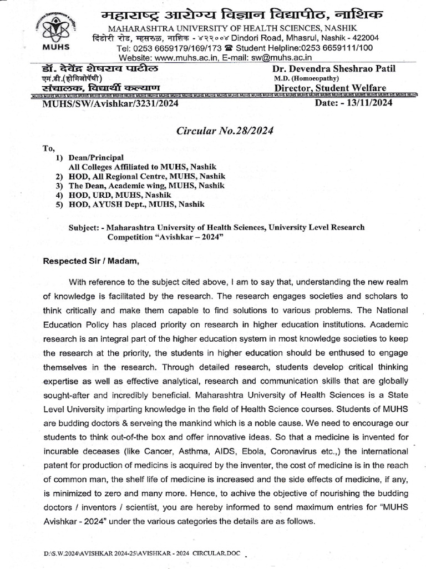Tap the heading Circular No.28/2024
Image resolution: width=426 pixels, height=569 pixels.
click(224, 131)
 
